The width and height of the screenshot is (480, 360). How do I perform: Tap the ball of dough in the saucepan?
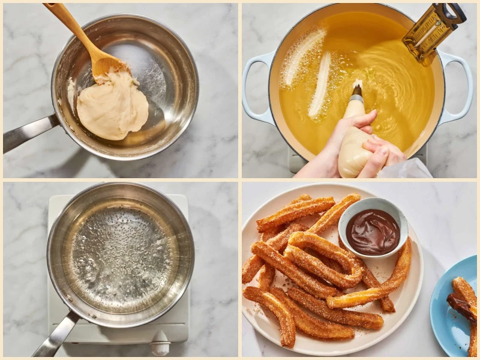pyautogui.click(x=114, y=108)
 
